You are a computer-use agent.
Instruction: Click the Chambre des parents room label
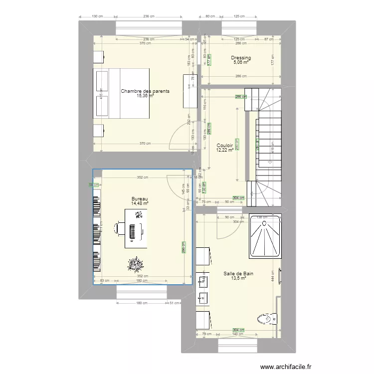pyautogui.click(x=145, y=91)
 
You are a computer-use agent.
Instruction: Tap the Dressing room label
pyautogui.click(x=241, y=58)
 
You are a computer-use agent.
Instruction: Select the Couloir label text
pyautogui.click(x=225, y=145)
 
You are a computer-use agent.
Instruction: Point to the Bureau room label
pyautogui.click(x=140, y=198)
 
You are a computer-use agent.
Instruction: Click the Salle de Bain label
pyautogui.click(x=238, y=274)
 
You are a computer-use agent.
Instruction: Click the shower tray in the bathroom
pyautogui.click(x=265, y=237)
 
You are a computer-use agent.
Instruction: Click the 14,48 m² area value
pyautogui.click(x=140, y=203)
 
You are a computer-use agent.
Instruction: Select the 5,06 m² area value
pyautogui.click(x=241, y=63)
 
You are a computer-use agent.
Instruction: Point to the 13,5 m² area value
pyautogui.click(x=238, y=279)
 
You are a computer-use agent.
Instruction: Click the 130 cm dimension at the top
pyautogui.click(x=97, y=16)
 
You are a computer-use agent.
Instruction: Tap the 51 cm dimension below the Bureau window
pyautogui.click(x=175, y=303)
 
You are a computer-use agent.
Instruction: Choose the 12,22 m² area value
pyautogui.click(x=225, y=150)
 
